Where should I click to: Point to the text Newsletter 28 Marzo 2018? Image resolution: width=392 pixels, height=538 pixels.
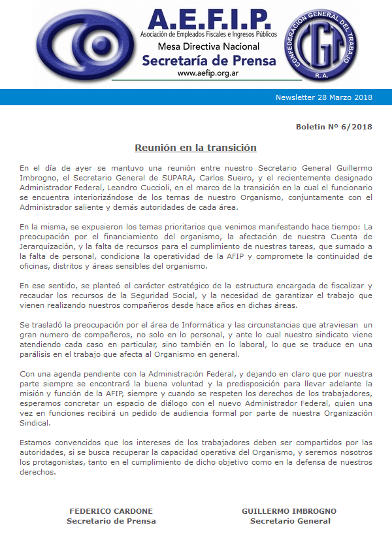324,97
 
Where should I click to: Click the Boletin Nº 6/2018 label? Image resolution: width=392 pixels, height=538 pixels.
334,126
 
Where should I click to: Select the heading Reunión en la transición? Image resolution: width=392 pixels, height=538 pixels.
195,148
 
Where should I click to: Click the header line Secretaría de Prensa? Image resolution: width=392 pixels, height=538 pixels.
208,61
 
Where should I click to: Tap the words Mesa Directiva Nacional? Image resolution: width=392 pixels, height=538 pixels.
208,46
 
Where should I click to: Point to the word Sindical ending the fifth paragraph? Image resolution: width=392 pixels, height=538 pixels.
36,422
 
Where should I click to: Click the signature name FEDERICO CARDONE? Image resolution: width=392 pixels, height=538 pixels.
111,511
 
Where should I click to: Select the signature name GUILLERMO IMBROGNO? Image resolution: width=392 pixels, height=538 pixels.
289,511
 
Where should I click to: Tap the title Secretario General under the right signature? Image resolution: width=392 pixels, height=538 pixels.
289,521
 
